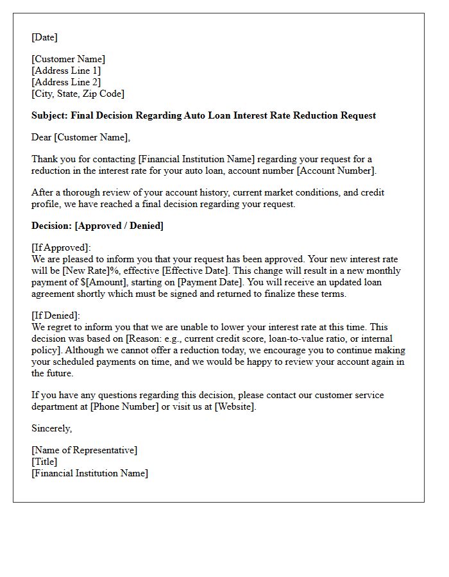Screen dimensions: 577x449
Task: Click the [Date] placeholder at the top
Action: [44, 37]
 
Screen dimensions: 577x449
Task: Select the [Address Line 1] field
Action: [66, 71]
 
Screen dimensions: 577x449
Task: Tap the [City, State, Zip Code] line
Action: [78, 94]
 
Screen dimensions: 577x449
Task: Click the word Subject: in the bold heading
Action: [50, 115]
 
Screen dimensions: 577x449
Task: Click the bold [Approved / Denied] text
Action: [119, 226]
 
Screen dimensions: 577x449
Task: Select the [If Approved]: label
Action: [61, 247]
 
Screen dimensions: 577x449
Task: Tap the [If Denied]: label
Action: [56, 315]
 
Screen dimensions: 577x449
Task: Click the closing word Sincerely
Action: [51, 428]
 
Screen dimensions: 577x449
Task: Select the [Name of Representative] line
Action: [84, 450]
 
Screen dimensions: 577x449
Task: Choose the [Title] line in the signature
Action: [44, 462]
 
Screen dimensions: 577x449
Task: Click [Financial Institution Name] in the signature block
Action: [90, 473]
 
